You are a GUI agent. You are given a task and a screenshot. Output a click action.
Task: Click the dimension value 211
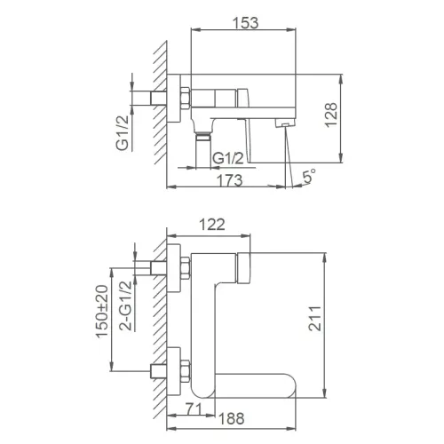339,321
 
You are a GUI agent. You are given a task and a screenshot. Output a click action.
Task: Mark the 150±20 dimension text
101,313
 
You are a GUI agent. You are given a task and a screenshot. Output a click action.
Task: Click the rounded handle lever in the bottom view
258,384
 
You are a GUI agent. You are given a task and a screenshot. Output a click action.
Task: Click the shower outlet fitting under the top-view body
203,135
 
